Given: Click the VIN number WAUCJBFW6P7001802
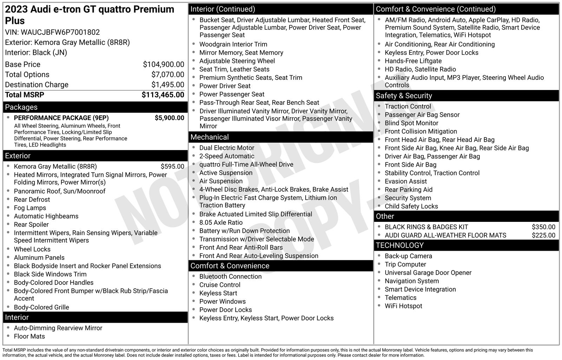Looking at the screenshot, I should point(60,32).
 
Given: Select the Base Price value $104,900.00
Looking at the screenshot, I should point(163,64).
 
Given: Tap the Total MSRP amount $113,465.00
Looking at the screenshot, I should point(163,95).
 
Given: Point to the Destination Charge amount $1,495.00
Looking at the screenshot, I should point(168,85).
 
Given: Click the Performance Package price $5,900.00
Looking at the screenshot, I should point(169,118).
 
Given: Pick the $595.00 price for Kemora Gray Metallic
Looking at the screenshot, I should point(172,167).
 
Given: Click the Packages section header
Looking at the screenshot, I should point(21,107).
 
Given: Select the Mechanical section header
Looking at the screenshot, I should point(209,137).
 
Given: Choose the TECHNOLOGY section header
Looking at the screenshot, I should point(399,245).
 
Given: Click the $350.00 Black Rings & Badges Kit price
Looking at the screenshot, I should point(543,227).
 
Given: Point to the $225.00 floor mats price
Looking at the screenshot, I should point(543,236).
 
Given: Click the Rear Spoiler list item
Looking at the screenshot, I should point(31,225).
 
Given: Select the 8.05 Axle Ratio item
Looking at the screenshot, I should point(221,223).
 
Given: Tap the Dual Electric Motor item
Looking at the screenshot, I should point(227,148).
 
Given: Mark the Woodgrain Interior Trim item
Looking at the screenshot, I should point(233,44).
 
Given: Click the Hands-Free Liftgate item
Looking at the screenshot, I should point(413,61).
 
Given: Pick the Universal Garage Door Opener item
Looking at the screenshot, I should point(428,273).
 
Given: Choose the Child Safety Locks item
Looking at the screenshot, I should point(411,206).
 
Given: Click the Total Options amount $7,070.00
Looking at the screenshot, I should point(168,75).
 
